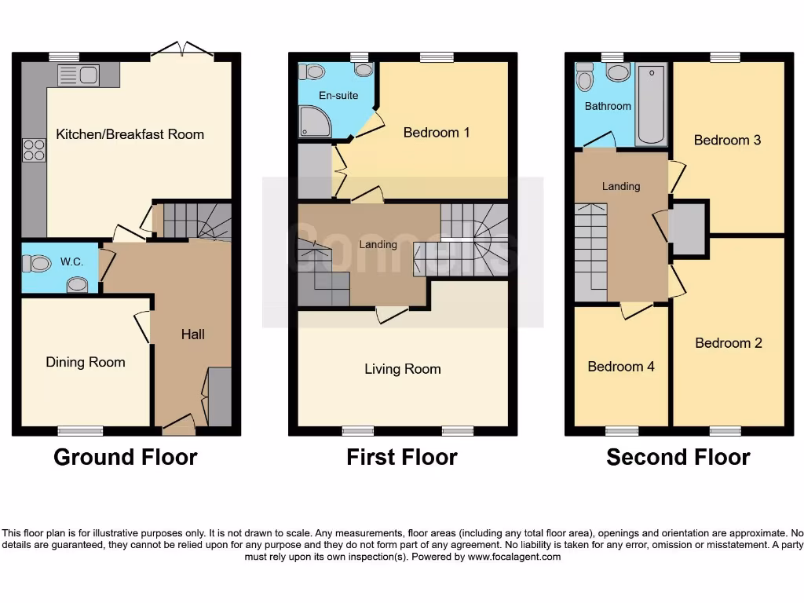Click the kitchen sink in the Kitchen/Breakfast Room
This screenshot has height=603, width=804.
pyautogui.click(x=78, y=75)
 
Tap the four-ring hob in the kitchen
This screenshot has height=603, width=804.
pyautogui.click(x=35, y=149)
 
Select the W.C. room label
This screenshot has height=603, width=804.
pyautogui.click(x=71, y=261)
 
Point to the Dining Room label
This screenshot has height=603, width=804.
pyautogui.click(x=86, y=362)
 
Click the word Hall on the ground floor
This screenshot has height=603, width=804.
pyautogui.click(x=193, y=334)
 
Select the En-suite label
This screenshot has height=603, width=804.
pyautogui.click(x=338, y=96)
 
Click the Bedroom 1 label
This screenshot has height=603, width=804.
pyautogui.click(x=437, y=133)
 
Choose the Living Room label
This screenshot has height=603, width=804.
pyautogui.click(x=403, y=369)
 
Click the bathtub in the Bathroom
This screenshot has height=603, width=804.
pyautogui.click(x=650, y=104)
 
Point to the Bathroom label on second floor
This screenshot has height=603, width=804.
pyautogui.click(x=608, y=106)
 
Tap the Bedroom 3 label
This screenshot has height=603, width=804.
pyautogui.click(x=727, y=141)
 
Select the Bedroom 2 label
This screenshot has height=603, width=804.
pyautogui.click(x=729, y=343)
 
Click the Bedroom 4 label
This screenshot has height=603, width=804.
pyautogui.click(x=621, y=367)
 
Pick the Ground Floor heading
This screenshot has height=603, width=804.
pyautogui.click(x=126, y=457)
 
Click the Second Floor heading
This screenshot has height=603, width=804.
pyautogui.click(x=678, y=457)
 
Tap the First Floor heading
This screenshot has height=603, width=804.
pyautogui.click(x=402, y=457)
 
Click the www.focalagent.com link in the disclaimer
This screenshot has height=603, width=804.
pyautogui.click(x=514, y=557)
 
